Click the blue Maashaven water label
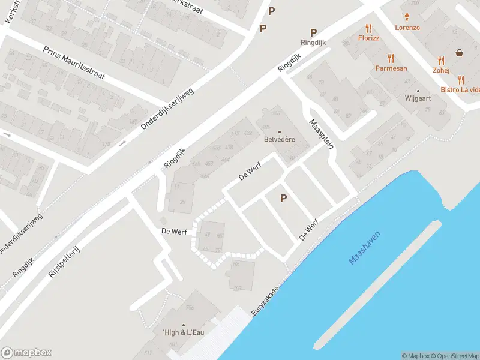pyautogui.click(x=365, y=248)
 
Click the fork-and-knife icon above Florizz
pyautogui.click(x=368, y=28)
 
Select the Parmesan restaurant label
pyautogui.click(x=391, y=68)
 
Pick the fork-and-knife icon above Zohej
pyautogui.click(x=441, y=61)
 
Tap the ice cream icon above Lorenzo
pyautogui.click(x=407, y=17)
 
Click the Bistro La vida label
pyautogui.click(x=460, y=90)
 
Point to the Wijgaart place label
pyautogui.click(x=418, y=98)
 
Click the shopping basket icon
pyautogui.click(x=460, y=53)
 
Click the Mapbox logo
pyautogui.click(x=26, y=353)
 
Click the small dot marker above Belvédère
pyautogui.click(x=279, y=132)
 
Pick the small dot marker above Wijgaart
pyautogui.click(x=418, y=91)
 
